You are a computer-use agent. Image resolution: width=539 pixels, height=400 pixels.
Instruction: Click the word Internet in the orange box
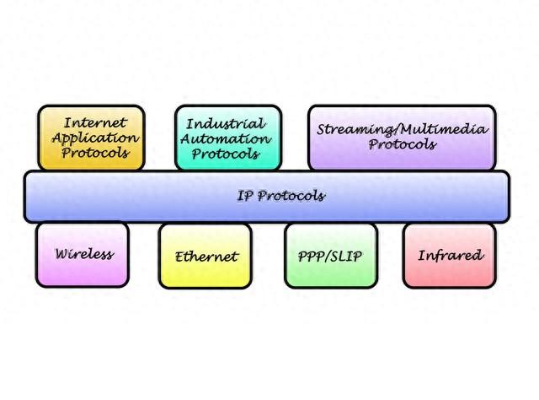pos(95,122)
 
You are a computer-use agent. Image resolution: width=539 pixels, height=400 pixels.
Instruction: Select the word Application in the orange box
pos(95,138)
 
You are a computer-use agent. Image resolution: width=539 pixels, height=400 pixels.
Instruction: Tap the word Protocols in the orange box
pos(95,153)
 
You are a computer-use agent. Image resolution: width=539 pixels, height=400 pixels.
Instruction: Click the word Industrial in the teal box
pos(226,124)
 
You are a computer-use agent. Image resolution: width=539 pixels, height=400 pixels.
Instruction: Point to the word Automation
pos(226,139)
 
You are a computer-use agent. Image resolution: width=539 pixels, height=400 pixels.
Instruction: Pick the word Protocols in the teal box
pos(226,154)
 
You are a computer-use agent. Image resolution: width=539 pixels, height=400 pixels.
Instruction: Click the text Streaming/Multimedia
pos(403,130)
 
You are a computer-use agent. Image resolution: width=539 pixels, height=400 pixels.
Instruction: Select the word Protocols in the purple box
pos(403,144)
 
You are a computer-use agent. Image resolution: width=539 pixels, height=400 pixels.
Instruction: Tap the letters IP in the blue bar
pos(245,196)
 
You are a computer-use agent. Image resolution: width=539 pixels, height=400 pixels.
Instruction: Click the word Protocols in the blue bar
pos(291,196)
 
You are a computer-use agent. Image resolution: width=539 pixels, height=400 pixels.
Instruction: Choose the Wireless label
pos(84,254)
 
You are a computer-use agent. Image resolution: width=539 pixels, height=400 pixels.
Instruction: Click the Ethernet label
pos(206,257)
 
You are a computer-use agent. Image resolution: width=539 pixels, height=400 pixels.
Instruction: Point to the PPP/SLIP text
pos(330,257)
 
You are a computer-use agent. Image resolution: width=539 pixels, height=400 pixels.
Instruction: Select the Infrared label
pos(451,256)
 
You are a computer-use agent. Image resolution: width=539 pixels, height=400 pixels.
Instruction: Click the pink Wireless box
pos(83,255)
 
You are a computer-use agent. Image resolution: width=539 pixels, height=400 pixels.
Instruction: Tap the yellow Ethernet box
pos(205,257)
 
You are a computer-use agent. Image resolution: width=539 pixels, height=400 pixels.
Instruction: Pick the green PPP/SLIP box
pos(331,256)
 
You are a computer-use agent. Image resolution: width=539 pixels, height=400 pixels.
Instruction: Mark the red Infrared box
pos(450,256)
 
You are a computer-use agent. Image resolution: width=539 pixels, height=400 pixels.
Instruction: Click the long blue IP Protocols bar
pos(267,197)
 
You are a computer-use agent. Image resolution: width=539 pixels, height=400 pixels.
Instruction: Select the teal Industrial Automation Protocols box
pos(228,138)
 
